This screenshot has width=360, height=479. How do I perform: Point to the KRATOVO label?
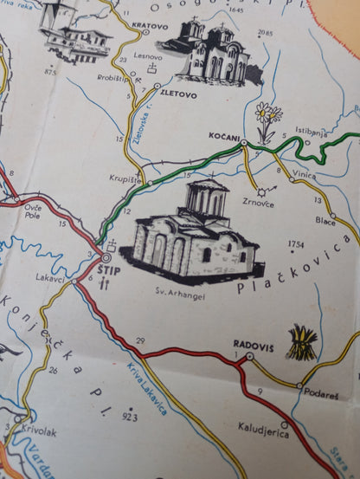[150, 26]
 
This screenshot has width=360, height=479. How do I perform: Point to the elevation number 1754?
[297, 244]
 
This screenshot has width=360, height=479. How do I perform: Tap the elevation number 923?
[130, 418]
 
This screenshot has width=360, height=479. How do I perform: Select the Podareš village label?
[319, 395]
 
